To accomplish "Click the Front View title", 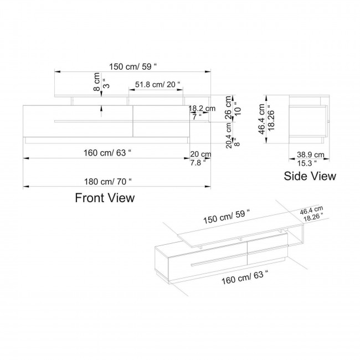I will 105,197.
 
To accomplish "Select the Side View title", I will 310,177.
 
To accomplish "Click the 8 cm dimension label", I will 96,81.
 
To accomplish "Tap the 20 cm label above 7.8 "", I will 200,154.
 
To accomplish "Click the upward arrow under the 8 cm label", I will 100,111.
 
